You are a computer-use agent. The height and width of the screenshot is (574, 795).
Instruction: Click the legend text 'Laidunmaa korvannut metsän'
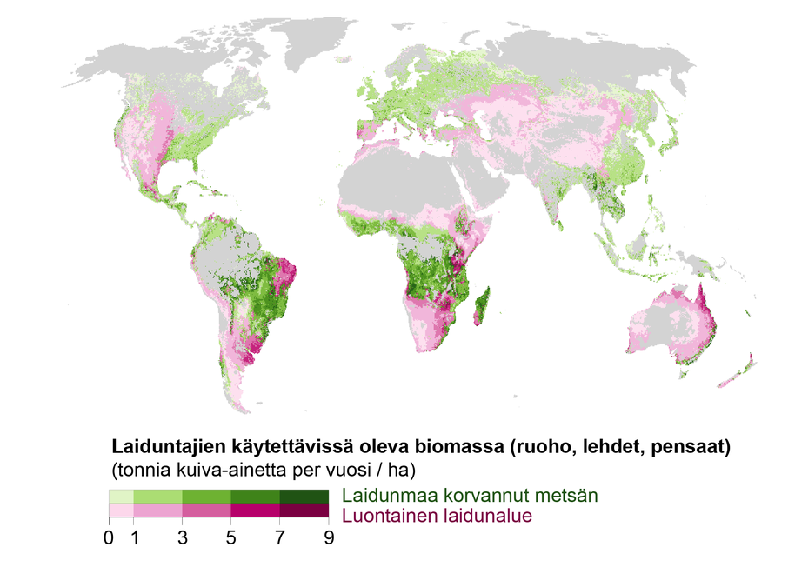coord(470,496)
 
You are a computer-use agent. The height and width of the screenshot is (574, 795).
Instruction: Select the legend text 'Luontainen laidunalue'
coord(437,516)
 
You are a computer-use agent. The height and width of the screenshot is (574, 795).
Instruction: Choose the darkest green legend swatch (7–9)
coord(304,496)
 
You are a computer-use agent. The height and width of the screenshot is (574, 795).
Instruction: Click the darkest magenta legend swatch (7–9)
coord(304,511)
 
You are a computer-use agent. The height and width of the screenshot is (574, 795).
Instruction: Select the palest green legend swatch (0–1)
coord(121,496)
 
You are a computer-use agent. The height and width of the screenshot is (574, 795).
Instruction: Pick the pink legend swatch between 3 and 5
coord(206,511)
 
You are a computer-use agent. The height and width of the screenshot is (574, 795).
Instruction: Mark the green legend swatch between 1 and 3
coord(157,496)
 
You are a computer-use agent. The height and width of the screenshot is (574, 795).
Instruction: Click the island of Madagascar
coord(480,304)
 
